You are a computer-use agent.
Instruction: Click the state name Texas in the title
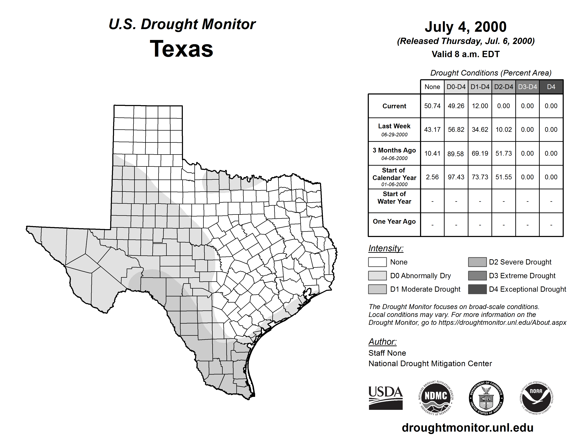(181, 49)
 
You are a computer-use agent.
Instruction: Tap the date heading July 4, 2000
(465, 27)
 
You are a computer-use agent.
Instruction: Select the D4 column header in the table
(551, 87)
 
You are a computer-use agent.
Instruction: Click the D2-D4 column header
(503, 87)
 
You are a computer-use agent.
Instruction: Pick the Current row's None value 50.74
(432, 106)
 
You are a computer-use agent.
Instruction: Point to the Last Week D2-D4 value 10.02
(503, 130)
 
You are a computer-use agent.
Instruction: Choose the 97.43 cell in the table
(456, 177)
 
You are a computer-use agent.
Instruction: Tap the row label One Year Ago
(394, 221)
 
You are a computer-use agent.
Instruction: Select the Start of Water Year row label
(394, 198)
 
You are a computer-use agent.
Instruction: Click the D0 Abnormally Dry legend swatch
(377, 275)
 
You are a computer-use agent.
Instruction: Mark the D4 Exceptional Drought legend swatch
(477, 289)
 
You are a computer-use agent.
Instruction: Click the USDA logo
(385, 398)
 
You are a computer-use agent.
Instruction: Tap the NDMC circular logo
(436, 398)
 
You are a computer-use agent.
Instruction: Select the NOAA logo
(536, 398)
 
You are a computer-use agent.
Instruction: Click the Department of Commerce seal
(486, 398)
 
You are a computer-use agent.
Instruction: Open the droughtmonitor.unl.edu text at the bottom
(467, 428)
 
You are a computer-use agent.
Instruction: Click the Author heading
(382, 342)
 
